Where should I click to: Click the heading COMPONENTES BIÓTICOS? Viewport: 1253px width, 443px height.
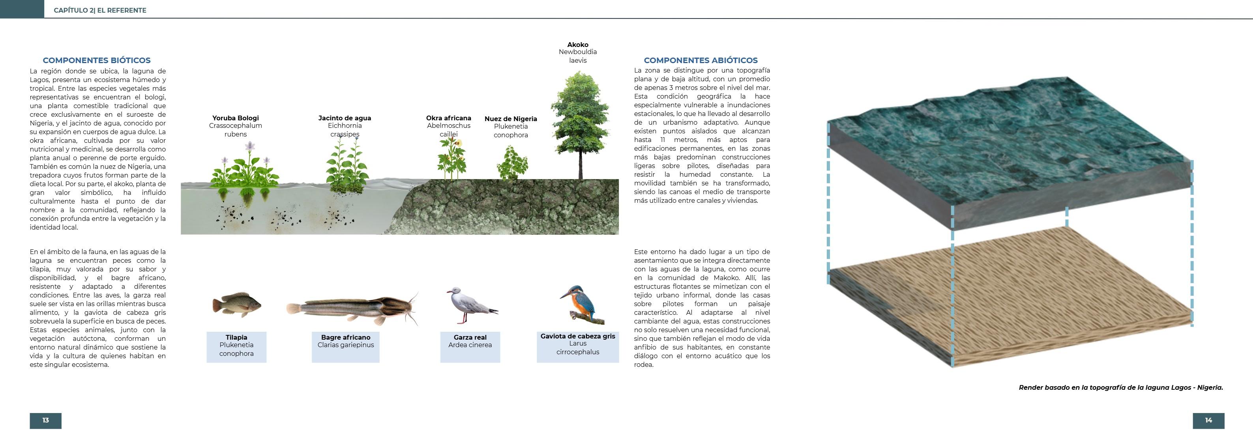pos(96,60)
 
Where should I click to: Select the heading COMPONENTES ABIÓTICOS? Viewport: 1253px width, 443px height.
pos(700,60)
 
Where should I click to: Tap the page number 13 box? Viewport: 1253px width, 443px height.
pos(46,421)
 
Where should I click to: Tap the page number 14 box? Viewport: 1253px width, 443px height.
pos(1208,421)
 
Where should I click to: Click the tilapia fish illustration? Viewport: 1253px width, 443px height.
pos(237,305)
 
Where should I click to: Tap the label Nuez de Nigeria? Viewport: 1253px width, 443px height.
pos(511,119)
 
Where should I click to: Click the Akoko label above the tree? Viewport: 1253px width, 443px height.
pos(578,45)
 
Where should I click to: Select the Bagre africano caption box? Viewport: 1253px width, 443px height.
pos(345,347)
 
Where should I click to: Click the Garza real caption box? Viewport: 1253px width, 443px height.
pos(470,347)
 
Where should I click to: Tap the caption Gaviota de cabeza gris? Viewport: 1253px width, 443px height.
pos(578,336)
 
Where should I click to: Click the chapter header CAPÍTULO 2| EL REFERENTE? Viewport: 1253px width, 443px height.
pos(100,10)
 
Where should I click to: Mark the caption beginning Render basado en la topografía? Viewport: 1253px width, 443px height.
pos(1121,387)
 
